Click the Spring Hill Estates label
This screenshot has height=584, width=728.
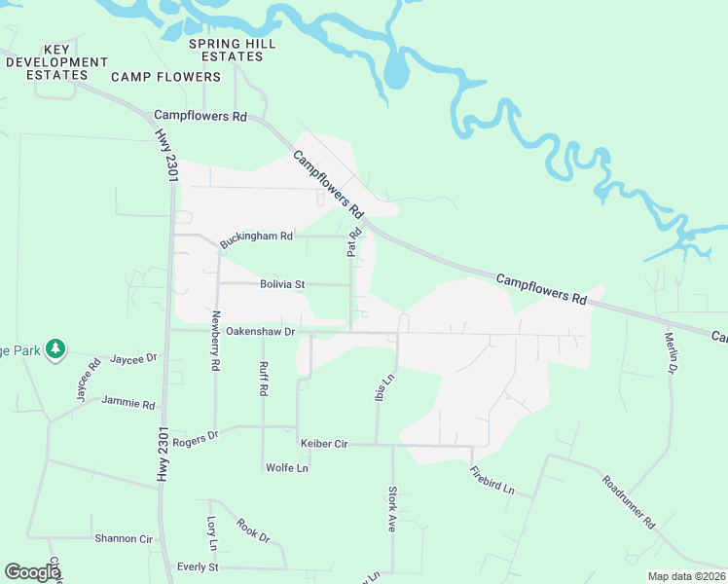(233, 50)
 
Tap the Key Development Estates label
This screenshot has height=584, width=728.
(56, 61)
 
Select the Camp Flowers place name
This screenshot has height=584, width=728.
(166, 77)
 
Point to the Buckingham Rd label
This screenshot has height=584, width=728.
(256, 236)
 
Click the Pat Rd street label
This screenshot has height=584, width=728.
(354, 242)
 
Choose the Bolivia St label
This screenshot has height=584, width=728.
(282, 284)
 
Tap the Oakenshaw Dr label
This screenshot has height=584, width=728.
(260, 331)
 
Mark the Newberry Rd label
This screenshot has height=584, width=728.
(216, 342)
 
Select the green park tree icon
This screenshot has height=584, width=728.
(55, 348)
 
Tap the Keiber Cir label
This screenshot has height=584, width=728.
(324, 444)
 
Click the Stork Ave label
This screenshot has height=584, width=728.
(393, 509)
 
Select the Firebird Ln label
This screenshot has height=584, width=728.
(491, 481)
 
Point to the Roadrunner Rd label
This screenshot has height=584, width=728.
(629, 501)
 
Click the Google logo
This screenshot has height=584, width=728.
(32, 572)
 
